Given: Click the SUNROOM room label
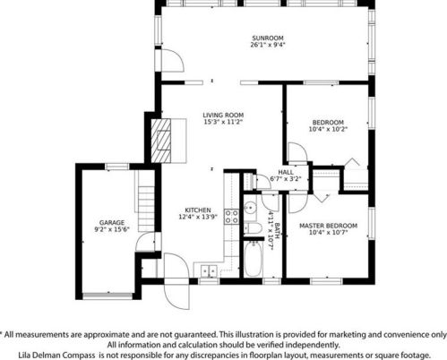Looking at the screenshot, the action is (x=268, y=39).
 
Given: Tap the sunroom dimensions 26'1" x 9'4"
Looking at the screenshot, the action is (x=268, y=45).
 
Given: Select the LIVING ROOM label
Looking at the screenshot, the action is (x=223, y=115).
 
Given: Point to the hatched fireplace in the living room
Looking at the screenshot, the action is (x=161, y=141).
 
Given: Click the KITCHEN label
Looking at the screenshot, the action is (x=198, y=210).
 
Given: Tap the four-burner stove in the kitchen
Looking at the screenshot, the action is (x=232, y=217).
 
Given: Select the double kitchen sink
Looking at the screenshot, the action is (x=209, y=271).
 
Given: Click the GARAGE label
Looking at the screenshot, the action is (x=112, y=223).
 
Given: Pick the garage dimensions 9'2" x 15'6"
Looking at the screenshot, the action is (x=112, y=229).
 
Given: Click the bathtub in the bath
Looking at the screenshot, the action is (x=254, y=259).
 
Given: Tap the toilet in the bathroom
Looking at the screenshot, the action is (x=253, y=228).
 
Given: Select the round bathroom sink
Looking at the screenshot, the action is (x=250, y=207).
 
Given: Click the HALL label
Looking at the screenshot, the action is (x=286, y=172).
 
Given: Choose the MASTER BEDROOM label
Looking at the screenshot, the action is (x=328, y=226).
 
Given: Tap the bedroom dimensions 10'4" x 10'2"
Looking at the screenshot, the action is (x=328, y=129).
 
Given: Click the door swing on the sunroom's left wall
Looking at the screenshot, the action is (x=172, y=60).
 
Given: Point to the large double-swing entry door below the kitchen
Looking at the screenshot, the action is (x=176, y=281).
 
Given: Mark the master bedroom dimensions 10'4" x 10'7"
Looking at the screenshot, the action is (x=328, y=233).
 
